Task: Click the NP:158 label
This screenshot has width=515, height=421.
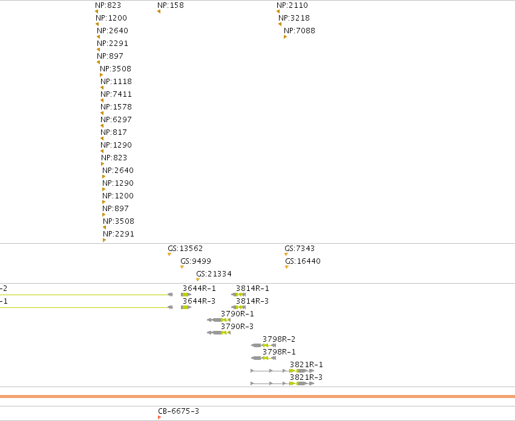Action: point(171,5)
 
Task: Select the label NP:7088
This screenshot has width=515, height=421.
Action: point(299,30)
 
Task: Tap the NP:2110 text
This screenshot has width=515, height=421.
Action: point(292,5)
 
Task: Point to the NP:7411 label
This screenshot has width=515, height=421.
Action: point(116,94)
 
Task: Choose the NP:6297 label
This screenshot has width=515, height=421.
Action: point(116,120)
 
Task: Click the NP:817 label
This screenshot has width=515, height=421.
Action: point(114,132)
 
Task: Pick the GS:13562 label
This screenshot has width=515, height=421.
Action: point(185,248)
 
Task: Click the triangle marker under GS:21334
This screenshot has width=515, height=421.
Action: point(198,280)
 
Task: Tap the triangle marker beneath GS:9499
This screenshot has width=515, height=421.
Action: point(182,267)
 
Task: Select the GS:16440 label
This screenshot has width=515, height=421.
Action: point(303,261)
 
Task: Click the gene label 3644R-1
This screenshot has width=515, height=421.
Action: point(199,289)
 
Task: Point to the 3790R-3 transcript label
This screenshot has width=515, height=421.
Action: point(237,327)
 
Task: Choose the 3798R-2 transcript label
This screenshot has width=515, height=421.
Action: point(279,339)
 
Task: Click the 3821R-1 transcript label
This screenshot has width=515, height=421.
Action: point(306,365)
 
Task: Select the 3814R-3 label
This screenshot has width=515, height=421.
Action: point(252,301)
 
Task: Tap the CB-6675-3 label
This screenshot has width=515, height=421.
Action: point(179,411)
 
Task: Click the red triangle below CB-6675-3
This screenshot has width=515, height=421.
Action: point(159,417)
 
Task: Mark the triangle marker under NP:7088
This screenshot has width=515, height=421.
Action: point(286,37)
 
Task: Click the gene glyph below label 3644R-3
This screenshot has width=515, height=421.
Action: point(186,307)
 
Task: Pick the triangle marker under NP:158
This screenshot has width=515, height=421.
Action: point(159,11)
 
